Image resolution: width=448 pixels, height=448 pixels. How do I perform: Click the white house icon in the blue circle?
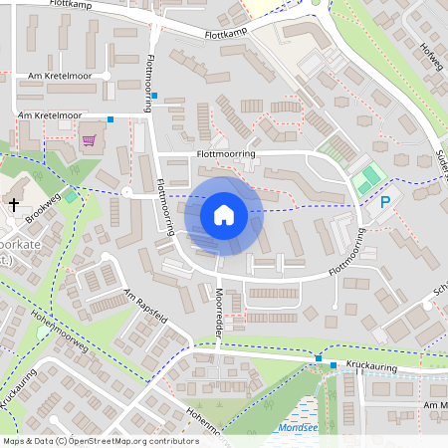click(224, 214)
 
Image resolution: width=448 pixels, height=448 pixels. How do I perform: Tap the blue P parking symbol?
click(385, 202)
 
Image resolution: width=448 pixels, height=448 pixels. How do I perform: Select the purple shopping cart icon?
click(88, 139)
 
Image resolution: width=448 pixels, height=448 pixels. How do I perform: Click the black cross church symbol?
click(14, 204)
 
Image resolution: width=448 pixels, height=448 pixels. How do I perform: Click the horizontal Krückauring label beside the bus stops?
click(370, 365)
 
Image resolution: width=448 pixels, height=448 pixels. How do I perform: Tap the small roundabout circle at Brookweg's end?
click(126, 191)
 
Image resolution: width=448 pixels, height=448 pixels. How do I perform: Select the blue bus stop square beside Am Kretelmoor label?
click(111, 118)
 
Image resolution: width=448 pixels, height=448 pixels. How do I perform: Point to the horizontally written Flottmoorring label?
click(226, 155)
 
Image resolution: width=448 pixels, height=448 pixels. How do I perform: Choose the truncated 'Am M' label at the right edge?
click(435, 406)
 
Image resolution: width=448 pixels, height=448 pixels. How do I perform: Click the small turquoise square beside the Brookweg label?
click(71, 185)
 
